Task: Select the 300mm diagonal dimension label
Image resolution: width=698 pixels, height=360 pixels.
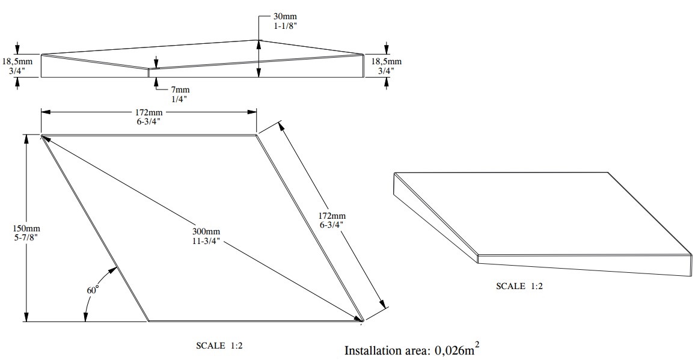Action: click(x=206, y=231)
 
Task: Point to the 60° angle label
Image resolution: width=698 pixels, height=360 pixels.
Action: click(x=92, y=290)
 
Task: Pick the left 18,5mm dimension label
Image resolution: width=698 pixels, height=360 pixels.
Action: click(x=17, y=61)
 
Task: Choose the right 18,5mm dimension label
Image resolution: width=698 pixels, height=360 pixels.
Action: click(x=386, y=61)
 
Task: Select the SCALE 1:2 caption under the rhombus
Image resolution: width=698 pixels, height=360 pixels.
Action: click(x=219, y=346)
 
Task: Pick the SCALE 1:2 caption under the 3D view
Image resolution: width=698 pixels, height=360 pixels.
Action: click(x=519, y=286)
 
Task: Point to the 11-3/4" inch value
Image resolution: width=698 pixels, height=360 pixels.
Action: click(x=206, y=241)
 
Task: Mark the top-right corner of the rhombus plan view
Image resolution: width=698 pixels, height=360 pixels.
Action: click(x=257, y=135)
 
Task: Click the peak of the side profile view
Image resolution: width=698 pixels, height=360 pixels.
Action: click(x=259, y=40)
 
